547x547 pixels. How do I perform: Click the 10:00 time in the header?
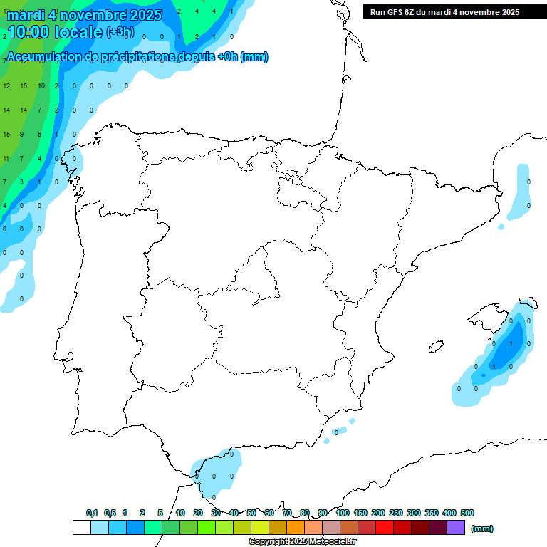pyautogui.click(x=28, y=32)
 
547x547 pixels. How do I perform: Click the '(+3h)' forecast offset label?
pyautogui.click(x=120, y=32)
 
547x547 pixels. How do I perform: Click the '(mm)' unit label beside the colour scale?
pyautogui.click(x=482, y=528)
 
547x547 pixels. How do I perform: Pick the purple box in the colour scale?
pyautogui.click(x=456, y=528)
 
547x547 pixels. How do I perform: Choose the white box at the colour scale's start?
pyautogui.click(x=81, y=528)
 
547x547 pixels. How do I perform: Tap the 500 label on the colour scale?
pyautogui.click(x=467, y=513)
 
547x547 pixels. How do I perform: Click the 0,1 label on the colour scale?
pyautogui.click(x=92, y=513)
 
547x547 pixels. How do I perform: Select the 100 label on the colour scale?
pyautogui.click(x=343, y=513)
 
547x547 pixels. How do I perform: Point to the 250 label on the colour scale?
pyautogui.click(x=396, y=513)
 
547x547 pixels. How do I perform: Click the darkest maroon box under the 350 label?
pyautogui.click(x=438, y=528)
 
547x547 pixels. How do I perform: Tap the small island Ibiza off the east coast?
pyautogui.click(x=436, y=347)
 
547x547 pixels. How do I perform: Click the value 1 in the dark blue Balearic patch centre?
pyautogui.click(x=511, y=343)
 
